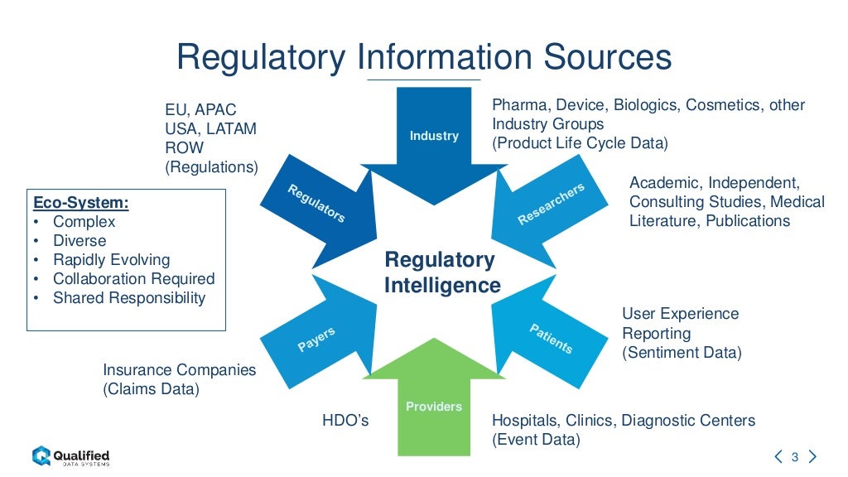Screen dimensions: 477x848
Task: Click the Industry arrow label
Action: point(434,136)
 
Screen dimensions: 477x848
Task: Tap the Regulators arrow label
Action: point(316,204)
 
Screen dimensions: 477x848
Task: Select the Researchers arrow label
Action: point(551,204)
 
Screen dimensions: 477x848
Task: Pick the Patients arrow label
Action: point(551,339)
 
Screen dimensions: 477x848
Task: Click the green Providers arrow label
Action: point(434,407)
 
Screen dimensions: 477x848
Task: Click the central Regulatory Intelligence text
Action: point(442,273)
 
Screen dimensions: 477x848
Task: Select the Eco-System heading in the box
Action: point(80,203)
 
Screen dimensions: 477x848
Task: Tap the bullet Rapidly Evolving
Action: point(111,260)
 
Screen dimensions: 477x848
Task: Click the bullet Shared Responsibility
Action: point(128,298)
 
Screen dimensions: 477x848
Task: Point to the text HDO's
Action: point(345,422)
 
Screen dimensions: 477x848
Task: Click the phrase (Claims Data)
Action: point(151,389)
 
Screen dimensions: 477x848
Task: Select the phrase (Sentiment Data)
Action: point(682,353)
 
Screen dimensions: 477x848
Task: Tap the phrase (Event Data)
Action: point(536,440)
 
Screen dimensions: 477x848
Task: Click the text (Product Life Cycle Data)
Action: point(580,142)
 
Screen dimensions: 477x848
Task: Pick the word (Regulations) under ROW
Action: point(211,167)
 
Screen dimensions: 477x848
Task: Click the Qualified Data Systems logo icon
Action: point(41,455)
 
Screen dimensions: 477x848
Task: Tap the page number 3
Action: point(794,457)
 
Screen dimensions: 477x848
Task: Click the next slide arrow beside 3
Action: point(812,456)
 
